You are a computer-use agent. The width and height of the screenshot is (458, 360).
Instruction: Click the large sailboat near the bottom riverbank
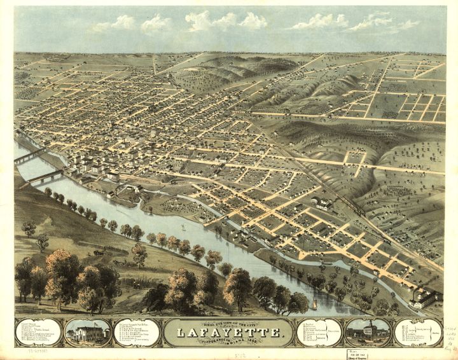click(x=314, y=305)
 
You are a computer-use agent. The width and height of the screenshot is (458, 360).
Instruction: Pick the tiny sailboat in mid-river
click(x=183, y=227)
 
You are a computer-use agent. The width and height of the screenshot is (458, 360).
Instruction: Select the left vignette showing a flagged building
click(x=88, y=332)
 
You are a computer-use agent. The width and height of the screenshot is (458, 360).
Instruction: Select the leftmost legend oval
click(x=38, y=332)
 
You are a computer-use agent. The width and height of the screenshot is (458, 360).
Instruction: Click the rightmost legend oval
click(x=417, y=332)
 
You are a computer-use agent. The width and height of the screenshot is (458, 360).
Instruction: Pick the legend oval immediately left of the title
click(x=137, y=332)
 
